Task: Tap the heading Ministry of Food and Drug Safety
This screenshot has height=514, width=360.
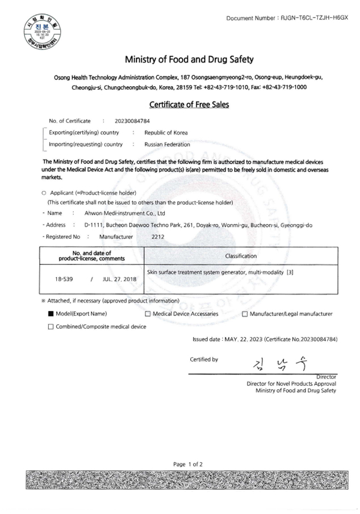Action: coord(189,60)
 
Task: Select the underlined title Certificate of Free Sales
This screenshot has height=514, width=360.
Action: coord(189,104)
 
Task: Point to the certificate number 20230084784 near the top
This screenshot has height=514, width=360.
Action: coord(132,121)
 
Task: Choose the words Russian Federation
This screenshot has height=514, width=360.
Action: coord(168,144)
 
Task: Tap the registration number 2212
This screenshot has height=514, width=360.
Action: coord(158,237)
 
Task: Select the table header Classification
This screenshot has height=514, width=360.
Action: coord(241,256)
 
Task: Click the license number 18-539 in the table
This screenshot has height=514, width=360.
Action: coord(63,279)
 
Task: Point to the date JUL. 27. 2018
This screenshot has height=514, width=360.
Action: coord(120,279)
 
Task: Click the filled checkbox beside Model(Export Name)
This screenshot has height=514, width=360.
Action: coord(51,314)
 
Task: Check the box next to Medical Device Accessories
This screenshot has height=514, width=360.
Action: coord(148,314)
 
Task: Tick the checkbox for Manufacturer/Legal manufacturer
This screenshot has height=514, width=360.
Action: coord(245,314)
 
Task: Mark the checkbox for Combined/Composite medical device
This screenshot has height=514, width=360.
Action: coord(51,326)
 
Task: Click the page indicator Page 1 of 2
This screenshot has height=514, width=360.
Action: coord(188,464)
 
